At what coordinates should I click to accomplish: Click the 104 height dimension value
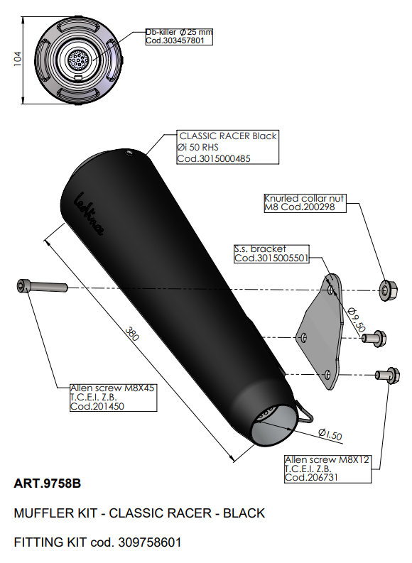(18, 59)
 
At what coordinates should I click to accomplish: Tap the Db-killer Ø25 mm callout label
(179, 36)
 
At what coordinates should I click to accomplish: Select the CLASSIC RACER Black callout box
(228, 147)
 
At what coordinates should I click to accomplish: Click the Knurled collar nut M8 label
(305, 203)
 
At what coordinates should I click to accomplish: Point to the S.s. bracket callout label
(271, 253)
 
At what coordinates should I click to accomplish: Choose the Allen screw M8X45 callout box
(114, 398)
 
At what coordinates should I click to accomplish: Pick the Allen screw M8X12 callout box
(327, 469)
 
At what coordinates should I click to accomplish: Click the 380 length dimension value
(132, 334)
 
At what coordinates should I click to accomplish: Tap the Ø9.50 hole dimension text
(357, 319)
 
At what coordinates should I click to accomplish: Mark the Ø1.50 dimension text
(330, 434)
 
